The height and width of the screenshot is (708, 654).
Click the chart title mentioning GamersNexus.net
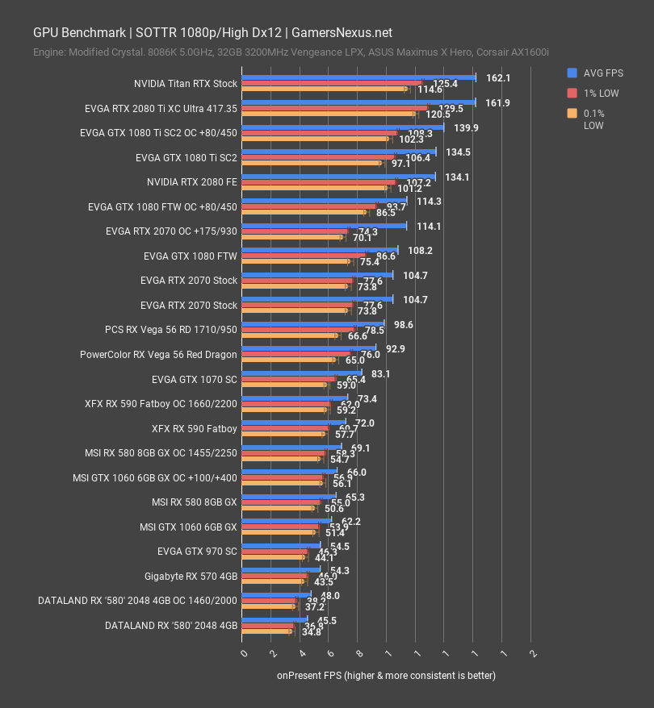tap(212, 32)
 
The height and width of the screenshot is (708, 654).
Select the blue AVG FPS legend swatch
tap(572, 73)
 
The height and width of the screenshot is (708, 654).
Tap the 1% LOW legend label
tap(601, 93)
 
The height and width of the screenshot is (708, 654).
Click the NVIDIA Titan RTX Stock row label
tap(186, 83)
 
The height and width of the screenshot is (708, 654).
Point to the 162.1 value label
tap(499, 78)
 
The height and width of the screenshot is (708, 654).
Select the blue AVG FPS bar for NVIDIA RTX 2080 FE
tap(339, 176)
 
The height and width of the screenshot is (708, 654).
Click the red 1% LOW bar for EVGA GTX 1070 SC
tap(289, 379)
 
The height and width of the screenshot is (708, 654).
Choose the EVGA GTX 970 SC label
tap(197, 552)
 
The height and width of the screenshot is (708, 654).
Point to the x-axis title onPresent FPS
tap(386, 675)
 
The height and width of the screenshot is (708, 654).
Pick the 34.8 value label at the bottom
tap(312, 632)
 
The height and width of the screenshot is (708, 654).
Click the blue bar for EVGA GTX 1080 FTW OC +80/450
tap(325, 201)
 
